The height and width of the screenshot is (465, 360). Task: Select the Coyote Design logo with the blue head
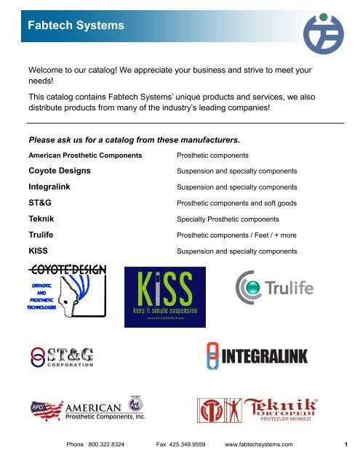pyautogui.click(x=65, y=291)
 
